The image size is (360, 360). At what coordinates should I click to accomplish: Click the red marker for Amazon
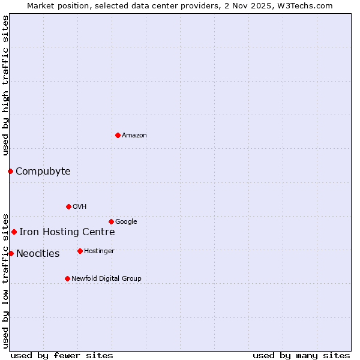[x=118, y=135]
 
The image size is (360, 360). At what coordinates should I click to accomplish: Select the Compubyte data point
[x=10, y=171]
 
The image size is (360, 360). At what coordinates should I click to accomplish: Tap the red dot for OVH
[x=68, y=206]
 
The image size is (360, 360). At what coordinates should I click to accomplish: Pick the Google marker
[x=111, y=221]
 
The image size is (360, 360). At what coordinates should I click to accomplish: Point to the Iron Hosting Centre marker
[x=14, y=232]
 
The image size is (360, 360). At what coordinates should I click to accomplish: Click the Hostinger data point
[x=80, y=251]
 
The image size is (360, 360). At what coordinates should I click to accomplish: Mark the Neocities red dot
[x=11, y=253]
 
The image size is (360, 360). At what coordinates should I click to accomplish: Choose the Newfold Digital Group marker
[x=67, y=278]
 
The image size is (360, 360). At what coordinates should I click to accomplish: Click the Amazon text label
[x=134, y=136]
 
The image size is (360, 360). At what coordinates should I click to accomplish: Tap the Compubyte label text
[x=43, y=172]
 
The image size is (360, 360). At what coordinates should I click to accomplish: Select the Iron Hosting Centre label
[x=67, y=232]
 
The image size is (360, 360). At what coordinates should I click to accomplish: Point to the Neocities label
[x=38, y=254]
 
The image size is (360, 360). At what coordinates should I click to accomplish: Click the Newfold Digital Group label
[x=107, y=279]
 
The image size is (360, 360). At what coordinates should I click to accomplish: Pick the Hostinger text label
[x=100, y=251]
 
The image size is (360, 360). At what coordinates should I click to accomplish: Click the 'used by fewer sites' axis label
[x=62, y=356]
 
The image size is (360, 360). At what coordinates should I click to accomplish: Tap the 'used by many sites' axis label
[x=301, y=356]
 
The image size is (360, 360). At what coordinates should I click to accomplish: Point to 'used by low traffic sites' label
[x=5, y=280]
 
